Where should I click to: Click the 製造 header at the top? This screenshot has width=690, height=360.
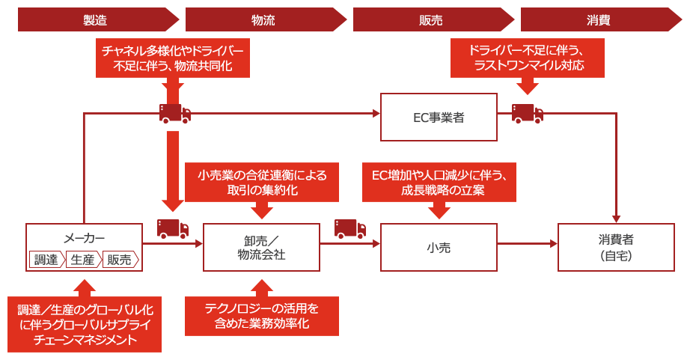98,20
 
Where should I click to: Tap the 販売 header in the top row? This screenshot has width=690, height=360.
433,20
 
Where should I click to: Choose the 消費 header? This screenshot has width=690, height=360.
598,20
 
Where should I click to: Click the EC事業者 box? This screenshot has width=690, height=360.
439,118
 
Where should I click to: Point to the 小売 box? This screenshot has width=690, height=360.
439,247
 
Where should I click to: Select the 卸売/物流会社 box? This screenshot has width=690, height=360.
260,247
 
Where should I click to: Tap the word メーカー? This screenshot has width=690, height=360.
84,238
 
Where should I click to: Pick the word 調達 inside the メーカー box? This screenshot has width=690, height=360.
46,259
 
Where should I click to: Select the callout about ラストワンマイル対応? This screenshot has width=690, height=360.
528,58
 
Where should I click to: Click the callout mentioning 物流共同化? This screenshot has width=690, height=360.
172,58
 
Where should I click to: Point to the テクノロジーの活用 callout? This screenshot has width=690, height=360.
261,315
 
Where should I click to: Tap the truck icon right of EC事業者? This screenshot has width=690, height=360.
527,114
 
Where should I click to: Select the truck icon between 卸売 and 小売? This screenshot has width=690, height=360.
349,228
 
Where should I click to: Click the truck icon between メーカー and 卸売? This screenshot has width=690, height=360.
172,228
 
